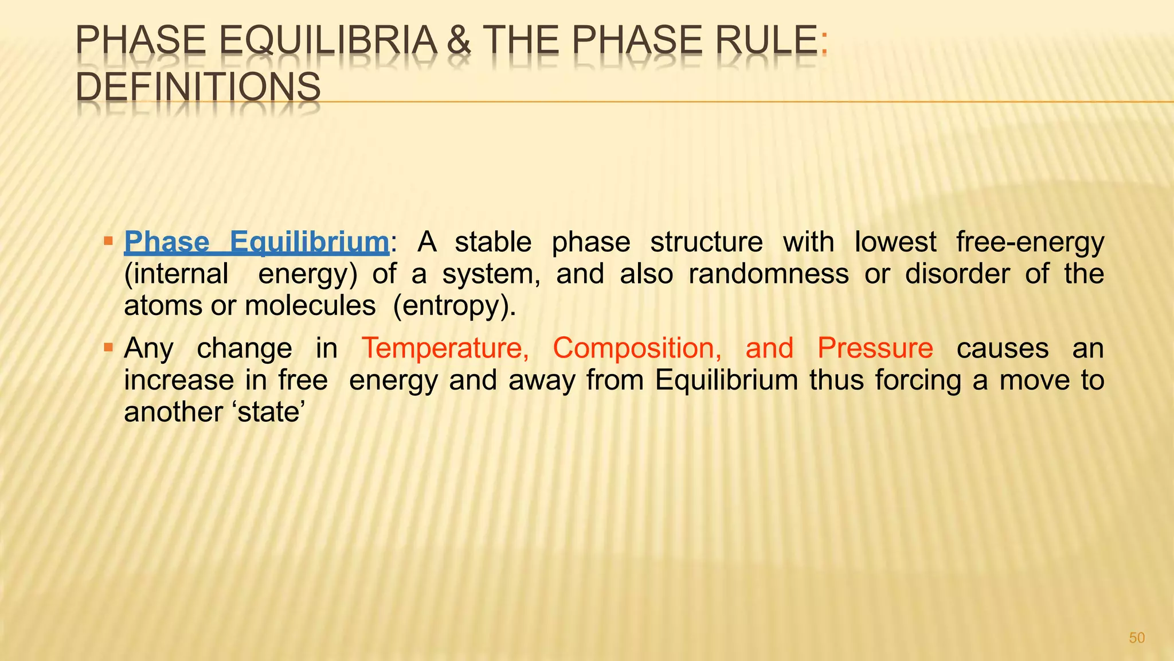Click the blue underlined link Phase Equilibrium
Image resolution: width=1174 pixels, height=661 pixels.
click(x=257, y=242)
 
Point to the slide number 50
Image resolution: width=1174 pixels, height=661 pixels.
click(x=1136, y=638)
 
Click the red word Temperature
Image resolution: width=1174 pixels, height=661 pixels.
click(x=445, y=348)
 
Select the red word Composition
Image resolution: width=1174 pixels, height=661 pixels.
click(x=637, y=348)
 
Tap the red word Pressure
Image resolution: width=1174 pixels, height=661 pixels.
click(x=875, y=348)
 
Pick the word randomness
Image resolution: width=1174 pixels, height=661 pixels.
click(x=768, y=274)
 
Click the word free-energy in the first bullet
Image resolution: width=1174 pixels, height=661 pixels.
click(x=1030, y=242)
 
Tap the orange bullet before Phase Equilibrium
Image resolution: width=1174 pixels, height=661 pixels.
click(x=108, y=239)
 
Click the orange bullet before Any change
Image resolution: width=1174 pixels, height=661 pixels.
click(x=108, y=346)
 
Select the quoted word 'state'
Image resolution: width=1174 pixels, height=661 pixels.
click(x=268, y=412)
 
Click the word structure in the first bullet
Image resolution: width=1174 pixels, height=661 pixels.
click(x=706, y=242)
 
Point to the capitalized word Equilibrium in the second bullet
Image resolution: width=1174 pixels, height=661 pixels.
click(x=726, y=380)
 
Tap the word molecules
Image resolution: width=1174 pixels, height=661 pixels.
click(x=310, y=306)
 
